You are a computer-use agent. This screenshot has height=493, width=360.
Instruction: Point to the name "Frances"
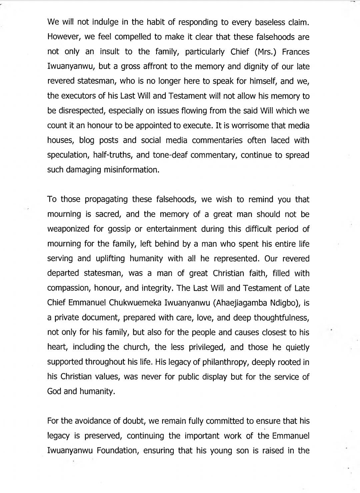click(296, 52)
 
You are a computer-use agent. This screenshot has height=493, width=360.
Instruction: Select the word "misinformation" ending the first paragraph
click(131, 170)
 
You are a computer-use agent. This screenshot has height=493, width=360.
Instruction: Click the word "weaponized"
click(69, 229)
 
